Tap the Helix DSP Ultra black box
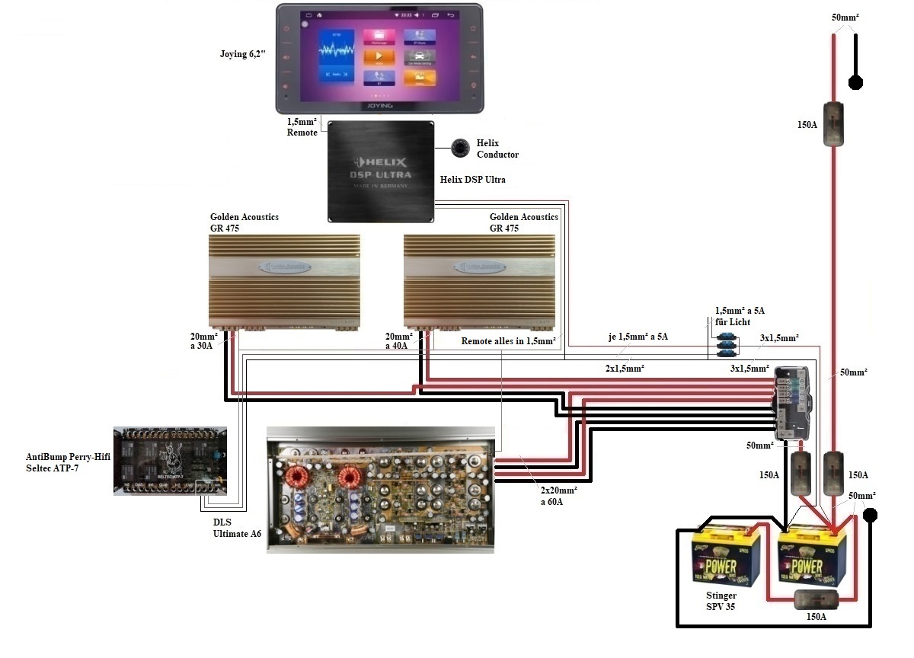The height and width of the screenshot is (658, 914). tap(381, 171)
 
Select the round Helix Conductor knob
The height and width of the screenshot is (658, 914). tap(460, 149)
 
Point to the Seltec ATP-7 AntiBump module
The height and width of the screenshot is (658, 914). tap(170, 461)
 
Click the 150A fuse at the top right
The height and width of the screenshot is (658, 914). tap(836, 123)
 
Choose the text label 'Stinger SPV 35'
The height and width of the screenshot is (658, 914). tap(721, 602)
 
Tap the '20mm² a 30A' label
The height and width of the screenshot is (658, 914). tap(204, 340)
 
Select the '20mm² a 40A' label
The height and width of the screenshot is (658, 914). tap(399, 340)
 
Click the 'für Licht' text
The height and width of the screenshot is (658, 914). tap(733, 322)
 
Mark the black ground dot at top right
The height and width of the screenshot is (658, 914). tap(856, 83)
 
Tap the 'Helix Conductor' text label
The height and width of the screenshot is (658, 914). tap(497, 149)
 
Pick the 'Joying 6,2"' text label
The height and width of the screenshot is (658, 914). tap(242, 55)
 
